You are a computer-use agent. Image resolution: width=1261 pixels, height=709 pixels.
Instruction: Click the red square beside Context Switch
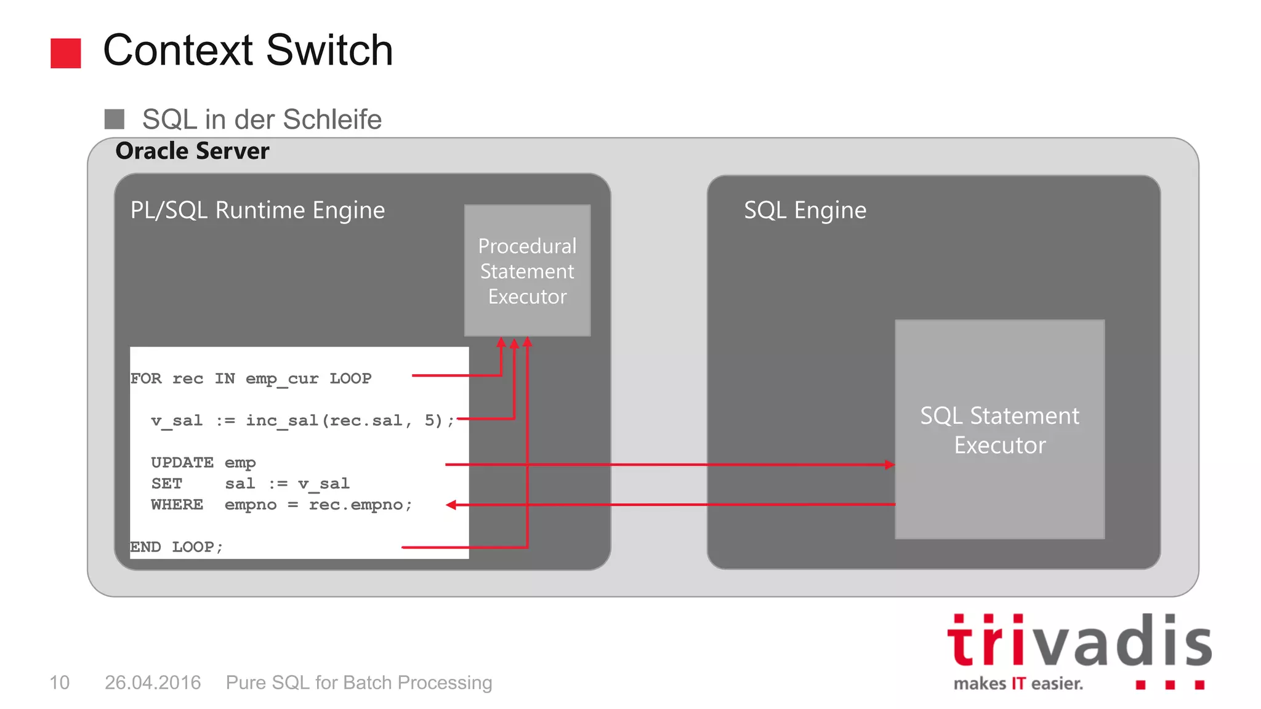point(65,53)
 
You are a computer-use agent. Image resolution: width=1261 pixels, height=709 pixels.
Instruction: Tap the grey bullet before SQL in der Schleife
point(115,119)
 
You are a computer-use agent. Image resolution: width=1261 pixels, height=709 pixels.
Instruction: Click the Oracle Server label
point(192,151)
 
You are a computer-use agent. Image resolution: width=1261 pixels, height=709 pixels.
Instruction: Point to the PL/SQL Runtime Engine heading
point(257,210)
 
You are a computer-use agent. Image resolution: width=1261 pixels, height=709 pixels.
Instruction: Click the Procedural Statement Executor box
point(527,271)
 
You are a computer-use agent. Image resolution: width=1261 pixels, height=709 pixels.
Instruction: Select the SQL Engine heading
point(805,210)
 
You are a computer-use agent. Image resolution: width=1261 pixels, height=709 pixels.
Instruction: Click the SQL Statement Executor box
point(999,430)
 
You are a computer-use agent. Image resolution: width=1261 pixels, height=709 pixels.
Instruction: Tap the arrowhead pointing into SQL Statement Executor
point(889,465)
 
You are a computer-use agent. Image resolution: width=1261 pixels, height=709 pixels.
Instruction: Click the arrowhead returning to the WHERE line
point(451,505)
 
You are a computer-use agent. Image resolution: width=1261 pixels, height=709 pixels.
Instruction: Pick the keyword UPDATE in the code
point(182,462)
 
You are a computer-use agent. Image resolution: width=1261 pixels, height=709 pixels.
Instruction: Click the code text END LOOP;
point(176,547)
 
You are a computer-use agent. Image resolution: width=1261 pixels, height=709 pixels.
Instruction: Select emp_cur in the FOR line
point(282,379)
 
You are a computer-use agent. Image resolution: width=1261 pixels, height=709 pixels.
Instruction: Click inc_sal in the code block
point(282,420)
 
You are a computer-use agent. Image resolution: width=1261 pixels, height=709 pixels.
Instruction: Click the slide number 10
point(59,683)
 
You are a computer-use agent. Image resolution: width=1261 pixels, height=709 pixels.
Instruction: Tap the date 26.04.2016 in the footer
point(153,683)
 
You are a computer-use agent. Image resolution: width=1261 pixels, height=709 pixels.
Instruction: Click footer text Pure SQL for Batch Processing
point(359,683)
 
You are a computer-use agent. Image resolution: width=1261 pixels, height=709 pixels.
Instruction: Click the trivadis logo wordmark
point(1079,641)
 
